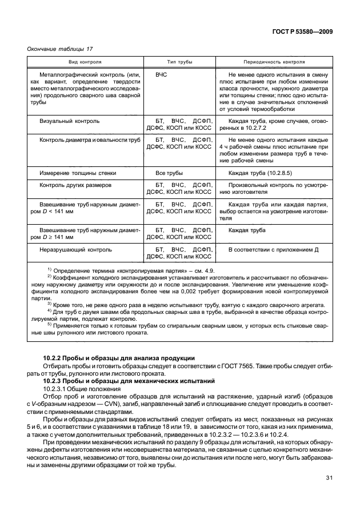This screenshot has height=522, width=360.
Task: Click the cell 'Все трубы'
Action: [x=169, y=172]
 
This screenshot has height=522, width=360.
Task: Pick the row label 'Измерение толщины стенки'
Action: [x=78, y=172]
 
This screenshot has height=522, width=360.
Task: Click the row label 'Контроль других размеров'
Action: [x=75, y=186]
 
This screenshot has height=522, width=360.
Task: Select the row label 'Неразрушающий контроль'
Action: [x=75, y=250]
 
